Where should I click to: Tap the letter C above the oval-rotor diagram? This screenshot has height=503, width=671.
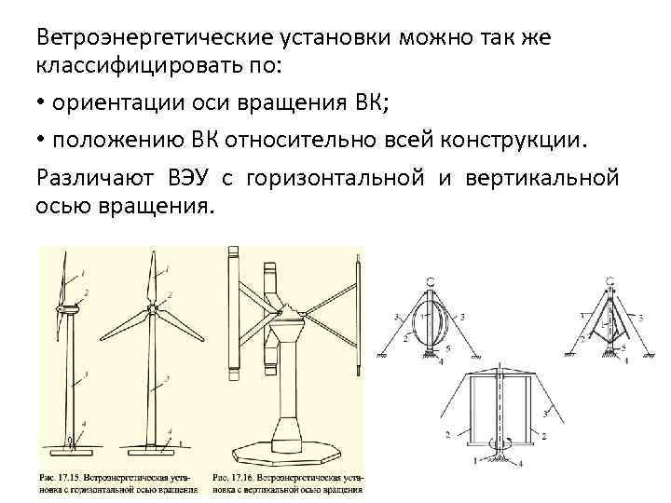point(429,281)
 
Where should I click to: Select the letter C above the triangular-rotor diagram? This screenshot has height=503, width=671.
point(609,281)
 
